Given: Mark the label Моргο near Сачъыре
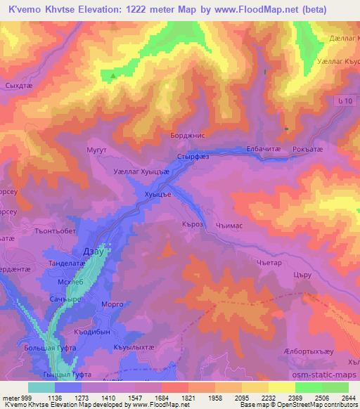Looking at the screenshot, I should tap(112, 304).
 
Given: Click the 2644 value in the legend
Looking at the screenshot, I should tap(347, 397).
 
